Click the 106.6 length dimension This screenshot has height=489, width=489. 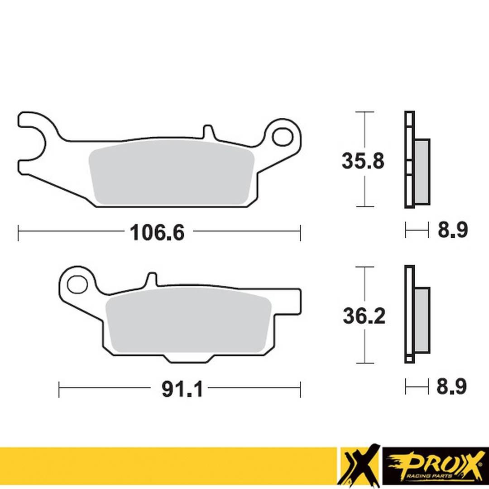157,233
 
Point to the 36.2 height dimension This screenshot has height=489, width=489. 364,316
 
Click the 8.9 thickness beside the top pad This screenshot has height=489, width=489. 452,230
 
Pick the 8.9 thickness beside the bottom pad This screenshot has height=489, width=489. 451,387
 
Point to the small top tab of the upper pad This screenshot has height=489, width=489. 208,132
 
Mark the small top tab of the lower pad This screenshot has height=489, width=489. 153,278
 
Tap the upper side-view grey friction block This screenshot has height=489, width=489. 422,172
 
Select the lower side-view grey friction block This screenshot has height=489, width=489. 422,320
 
